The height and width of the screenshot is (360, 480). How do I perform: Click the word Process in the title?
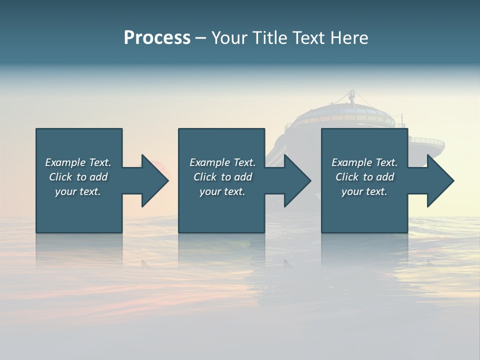tap(157, 38)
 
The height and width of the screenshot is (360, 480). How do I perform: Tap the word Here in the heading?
tap(349, 38)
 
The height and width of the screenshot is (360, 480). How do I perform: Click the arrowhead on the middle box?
tap(297, 180)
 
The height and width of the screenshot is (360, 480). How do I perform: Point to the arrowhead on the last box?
tap(440, 180)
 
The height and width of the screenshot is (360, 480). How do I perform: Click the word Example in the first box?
tap(65, 162)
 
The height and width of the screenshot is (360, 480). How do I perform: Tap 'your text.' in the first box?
tap(78, 191)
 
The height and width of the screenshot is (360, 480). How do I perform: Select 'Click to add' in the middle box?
tap(222, 177)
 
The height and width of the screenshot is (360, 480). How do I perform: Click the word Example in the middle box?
tap(209, 162)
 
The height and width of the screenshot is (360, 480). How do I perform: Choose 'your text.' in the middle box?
tap(222, 191)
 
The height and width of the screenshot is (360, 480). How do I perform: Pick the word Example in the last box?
tap(351, 162)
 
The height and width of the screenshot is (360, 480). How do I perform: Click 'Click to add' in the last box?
tap(364, 177)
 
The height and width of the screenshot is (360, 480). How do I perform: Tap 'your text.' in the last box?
tap(364, 191)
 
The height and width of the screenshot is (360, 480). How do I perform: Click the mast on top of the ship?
tap(352, 96)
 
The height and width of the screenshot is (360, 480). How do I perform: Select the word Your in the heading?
tap(228, 38)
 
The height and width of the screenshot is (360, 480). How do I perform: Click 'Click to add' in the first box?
tap(78, 177)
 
